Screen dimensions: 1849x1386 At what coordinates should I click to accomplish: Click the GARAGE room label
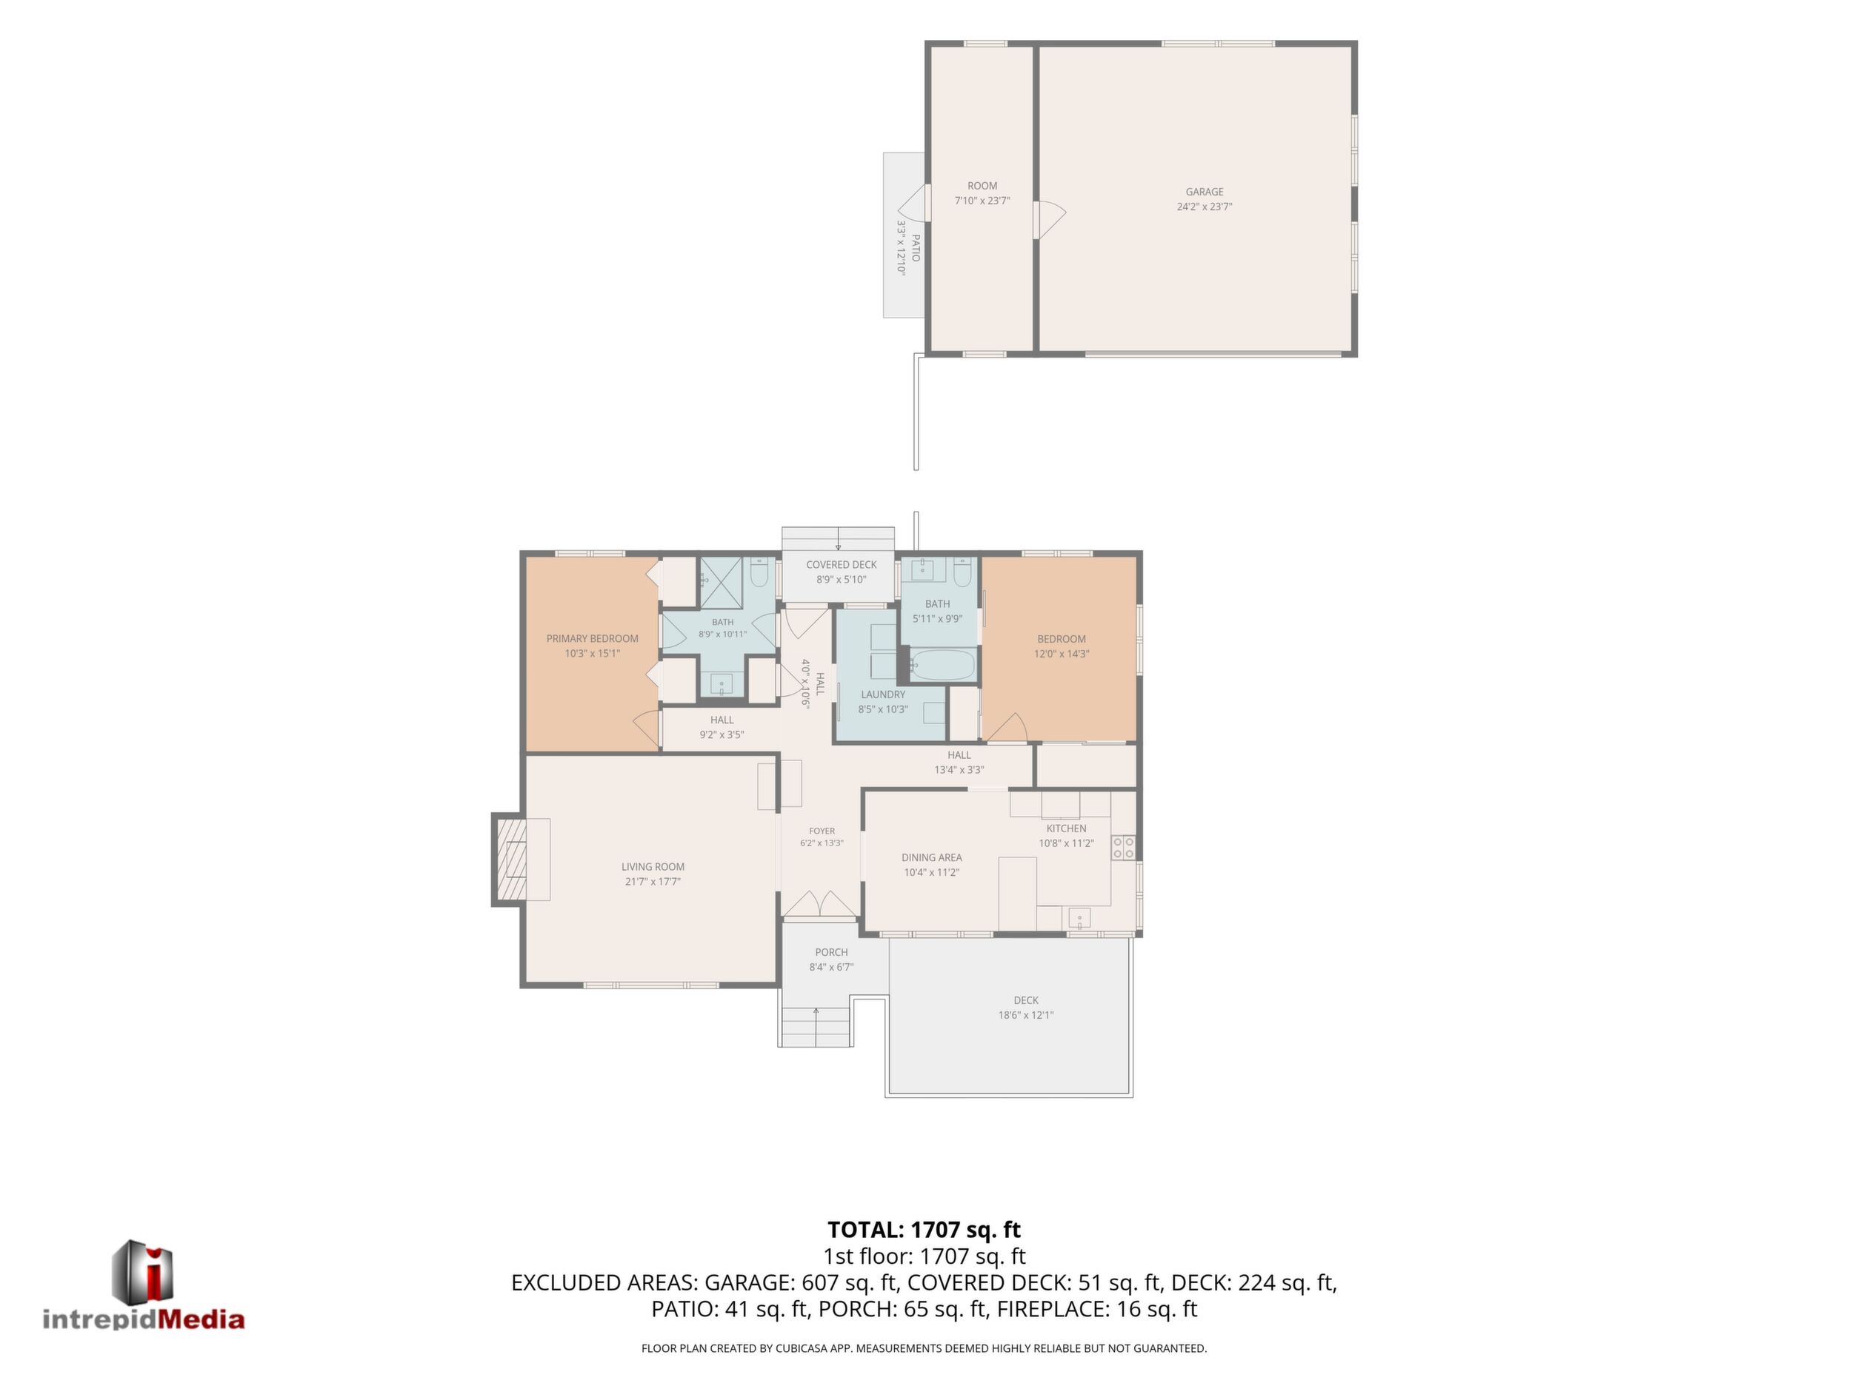pyautogui.click(x=1204, y=192)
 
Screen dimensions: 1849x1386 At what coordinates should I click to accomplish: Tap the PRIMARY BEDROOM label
pyautogui.click(x=592, y=639)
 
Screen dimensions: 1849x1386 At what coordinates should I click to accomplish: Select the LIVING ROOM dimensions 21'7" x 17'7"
pyautogui.click(x=653, y=881)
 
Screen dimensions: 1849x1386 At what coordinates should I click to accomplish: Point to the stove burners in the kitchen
pyautogui.click(x=1124, y=848)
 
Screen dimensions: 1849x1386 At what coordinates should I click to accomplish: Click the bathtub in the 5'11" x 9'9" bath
pyautogui.click(x=942, y=666)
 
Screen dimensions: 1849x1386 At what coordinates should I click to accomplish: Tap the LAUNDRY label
pyautogui.click(x=883, y=695)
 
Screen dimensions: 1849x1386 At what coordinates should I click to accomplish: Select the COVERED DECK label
pyautogui.click(x=841, y=565)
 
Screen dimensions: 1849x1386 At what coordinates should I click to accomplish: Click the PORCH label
pyautogui.click(x=831, y=952)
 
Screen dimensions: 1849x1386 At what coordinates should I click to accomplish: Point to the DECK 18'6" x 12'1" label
pyautogui.click(x=1026, y=1008)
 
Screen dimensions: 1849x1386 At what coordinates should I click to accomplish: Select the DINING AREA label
pyautogui.click(x=931, y=858)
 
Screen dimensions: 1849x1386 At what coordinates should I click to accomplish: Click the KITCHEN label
pyautogui.click(x=1066, y=828)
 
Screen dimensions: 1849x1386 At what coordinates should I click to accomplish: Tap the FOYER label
pyautogui.click(x=822, y=831)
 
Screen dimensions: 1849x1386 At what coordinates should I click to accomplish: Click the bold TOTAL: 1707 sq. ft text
pyautogui.click(x=924, y=1230)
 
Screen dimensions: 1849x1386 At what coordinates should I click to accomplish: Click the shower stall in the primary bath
pyautogui.click(x=721, y=582)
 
